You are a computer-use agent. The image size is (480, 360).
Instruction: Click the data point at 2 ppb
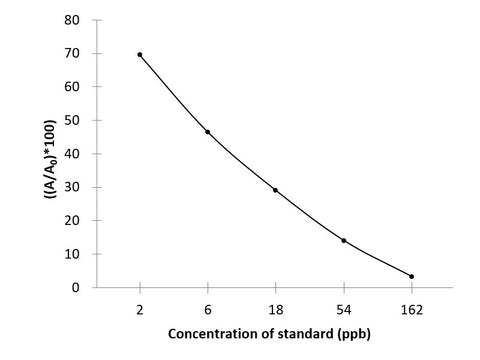(x=140, y=55)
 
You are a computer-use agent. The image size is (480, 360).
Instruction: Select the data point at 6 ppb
(x=207, y=132)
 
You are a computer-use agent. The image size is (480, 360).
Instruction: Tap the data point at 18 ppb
(x=275, y=190)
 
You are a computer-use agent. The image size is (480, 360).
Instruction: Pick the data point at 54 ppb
(x=343, y=240)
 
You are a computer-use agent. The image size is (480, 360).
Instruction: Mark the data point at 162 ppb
(x=411, y=276)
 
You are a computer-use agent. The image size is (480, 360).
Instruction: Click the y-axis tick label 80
(x=73, y=20)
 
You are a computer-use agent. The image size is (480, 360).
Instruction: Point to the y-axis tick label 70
(x=73, y=54)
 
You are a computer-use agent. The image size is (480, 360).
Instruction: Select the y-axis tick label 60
(x=73, y=87)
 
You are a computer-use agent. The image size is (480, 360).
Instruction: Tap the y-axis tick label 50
(x=73, y=121)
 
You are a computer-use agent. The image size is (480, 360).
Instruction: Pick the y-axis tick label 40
(x=73, y=154)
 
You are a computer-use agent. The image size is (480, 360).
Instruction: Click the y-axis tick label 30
(x=73, y=188)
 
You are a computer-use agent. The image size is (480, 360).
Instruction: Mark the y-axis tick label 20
(x=73, y=221)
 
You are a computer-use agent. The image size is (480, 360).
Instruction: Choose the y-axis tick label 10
(x=73, y=255)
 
